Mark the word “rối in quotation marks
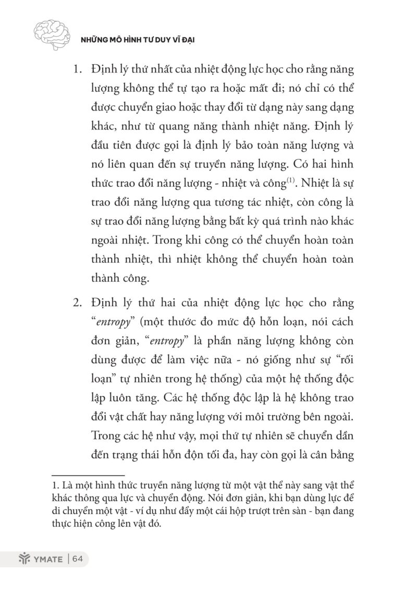(x=343, y=360)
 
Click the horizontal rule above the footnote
(x=89, y=475)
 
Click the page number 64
(x=78, y=559)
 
